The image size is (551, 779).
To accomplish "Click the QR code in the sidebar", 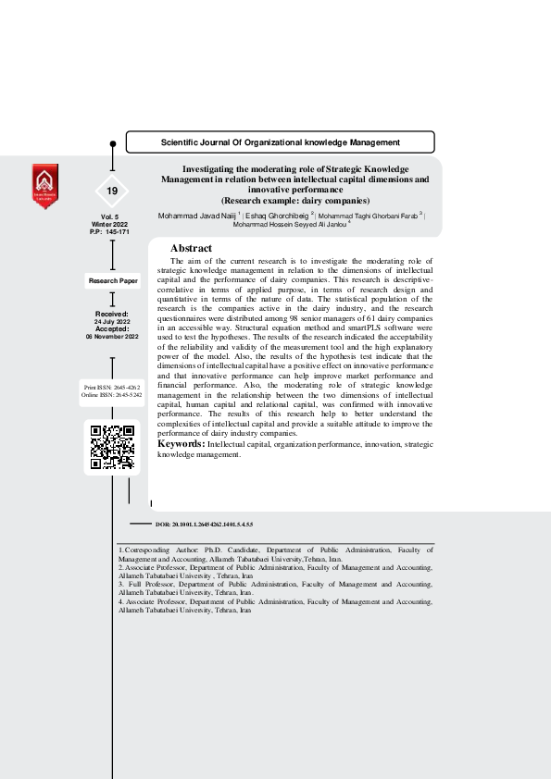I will tap(112, 448).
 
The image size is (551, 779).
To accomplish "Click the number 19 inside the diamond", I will tap(112, 191).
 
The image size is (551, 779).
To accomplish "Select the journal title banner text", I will tap(281, 142).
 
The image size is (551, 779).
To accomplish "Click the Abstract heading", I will tap(191, 249).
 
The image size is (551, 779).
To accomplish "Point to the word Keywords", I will tap(181, 444).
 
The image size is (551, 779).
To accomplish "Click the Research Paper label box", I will tap(112, 279).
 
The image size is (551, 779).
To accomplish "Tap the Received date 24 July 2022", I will tap(112, 321).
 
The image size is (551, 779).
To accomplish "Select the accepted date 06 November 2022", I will tap(112, 337).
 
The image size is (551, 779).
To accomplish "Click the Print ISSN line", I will tap(112, 385).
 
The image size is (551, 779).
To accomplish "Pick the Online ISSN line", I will tap(112, 394).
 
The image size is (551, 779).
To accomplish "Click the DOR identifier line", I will tap(204, 525).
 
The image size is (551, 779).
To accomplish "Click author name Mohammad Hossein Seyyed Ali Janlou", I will tap(289, 224).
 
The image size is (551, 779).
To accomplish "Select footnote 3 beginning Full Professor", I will tap(276, 588).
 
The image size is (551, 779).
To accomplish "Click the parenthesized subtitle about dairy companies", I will tap(295, 200).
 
